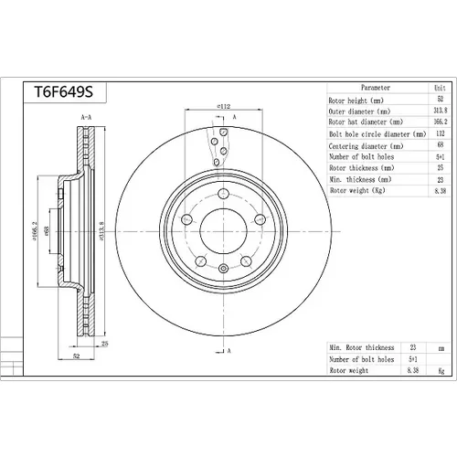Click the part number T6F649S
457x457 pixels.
pyautogui.click(x=63, y=92)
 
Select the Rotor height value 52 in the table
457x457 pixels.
pyautogui.click(x=440, y=99)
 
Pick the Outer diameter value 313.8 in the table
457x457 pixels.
pyautogui.click(x=440, y=110)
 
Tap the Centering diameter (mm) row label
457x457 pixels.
pyautogui.click(x=366, y=146)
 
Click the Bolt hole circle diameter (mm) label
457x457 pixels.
pyautogui.click(x=377, y=134)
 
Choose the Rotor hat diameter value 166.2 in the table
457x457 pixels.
pyautogui.click(x=440, y=122)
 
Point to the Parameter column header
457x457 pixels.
pyautogui.click(x=376, y=88)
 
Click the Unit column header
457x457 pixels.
pyautogui.click(x=440, y=88)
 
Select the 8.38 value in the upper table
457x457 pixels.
pyautogui.click(x=440, y=191)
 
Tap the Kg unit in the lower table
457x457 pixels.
pyautogui.click(x=441, y=371)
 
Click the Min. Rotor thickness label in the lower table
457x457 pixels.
pyautogui.click(x=362, y=347)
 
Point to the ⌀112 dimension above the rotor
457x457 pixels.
pyautogui.click(x=223, y=106)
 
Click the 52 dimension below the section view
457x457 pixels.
pyautogui.click(x=76, y=356)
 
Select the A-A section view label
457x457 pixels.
pyautogui.click(x=86, y=117)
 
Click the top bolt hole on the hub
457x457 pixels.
pyautogui.click(x=223, y=194)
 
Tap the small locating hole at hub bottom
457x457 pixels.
pyautogui.click(x=223, y=269)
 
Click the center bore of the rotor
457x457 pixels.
pyautogui.click(x=223, y=231)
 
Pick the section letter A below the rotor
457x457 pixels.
pyautogui.click(x=229, y=351)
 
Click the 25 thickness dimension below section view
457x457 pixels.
pyautogui.click(x=104, y=344)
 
